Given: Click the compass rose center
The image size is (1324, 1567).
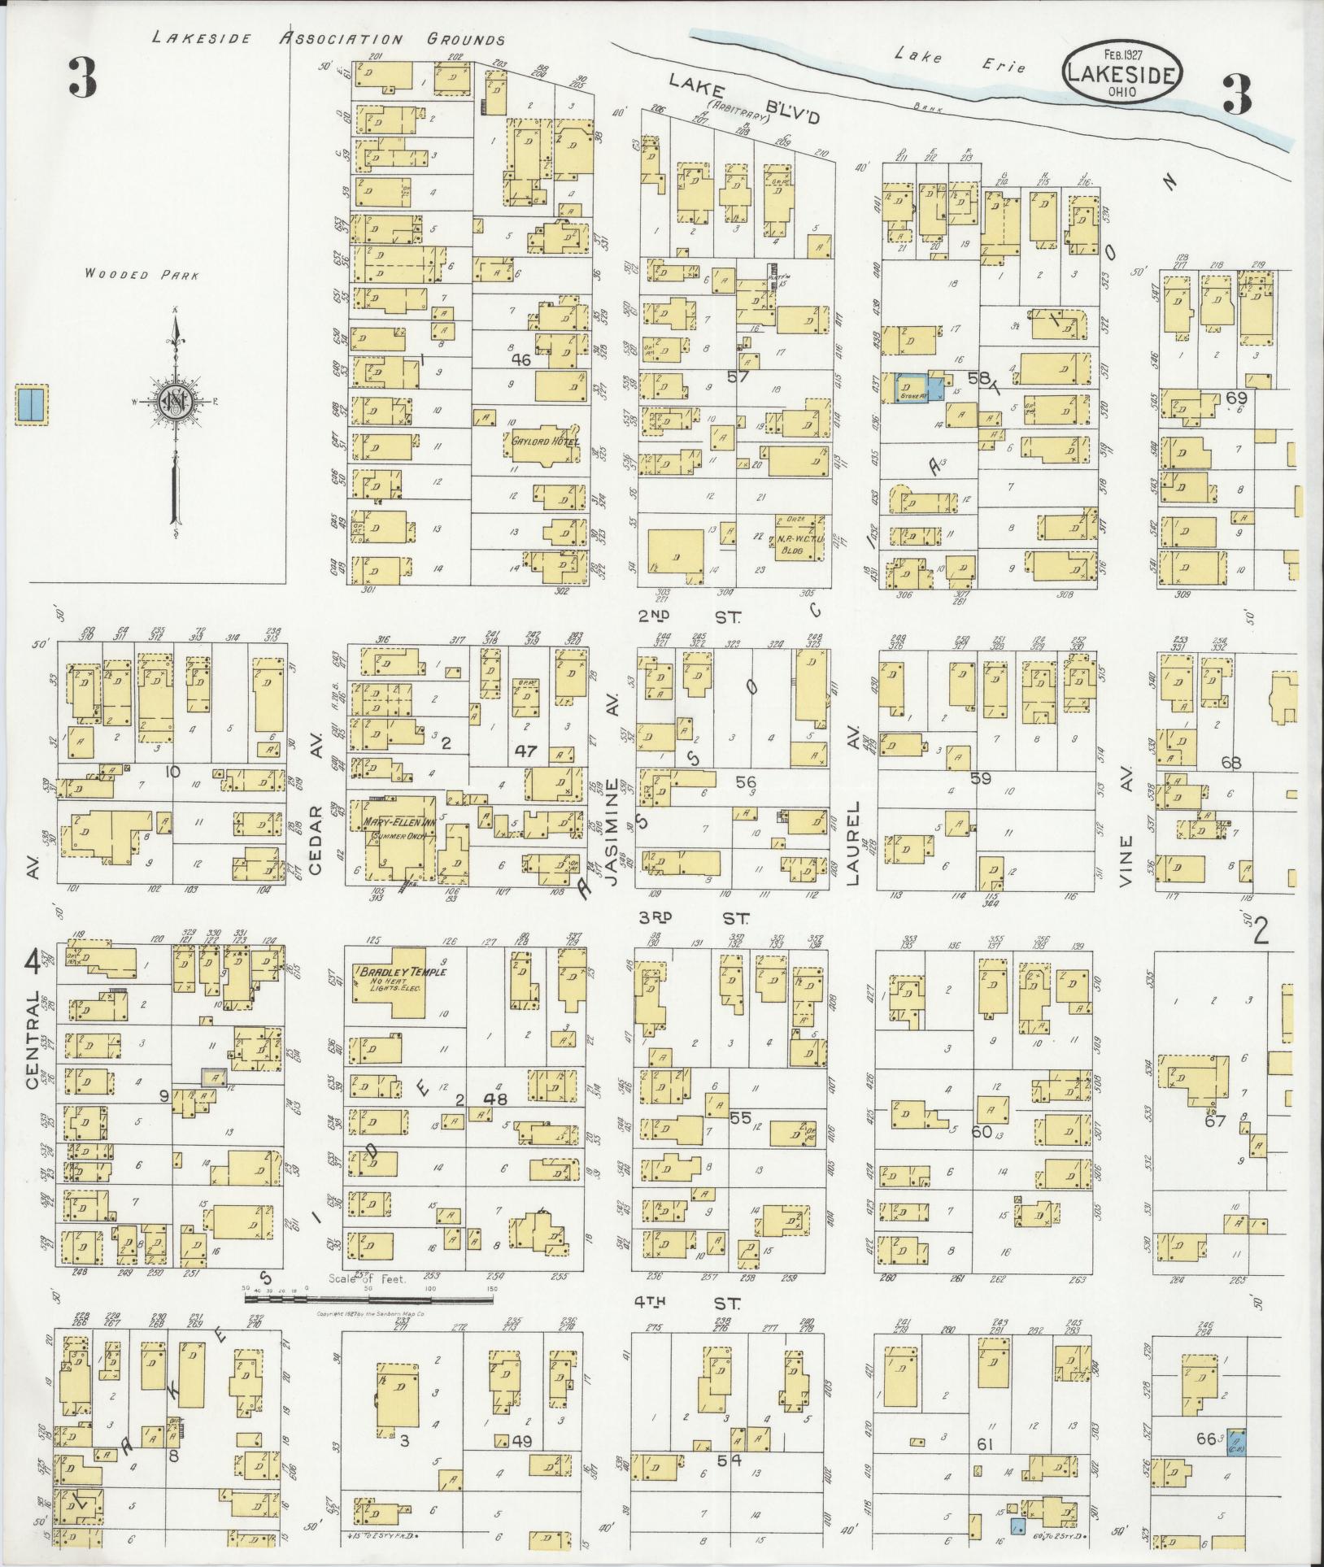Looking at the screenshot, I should pos(175,401).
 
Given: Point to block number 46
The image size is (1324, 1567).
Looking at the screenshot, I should pos(520,359).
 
